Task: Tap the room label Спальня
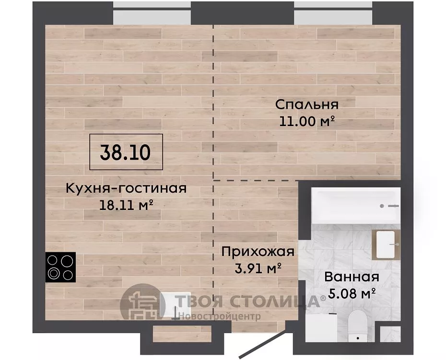pos(307,105)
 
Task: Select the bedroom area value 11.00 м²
pos(306,121)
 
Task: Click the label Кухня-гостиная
pos(126,188)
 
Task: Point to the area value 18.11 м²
pos(126,205)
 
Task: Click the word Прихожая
pos(258,252)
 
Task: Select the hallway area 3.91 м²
pos(258,268)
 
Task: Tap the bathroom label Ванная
pos(352,277)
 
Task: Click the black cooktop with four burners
pos(60,267)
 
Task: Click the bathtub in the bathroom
pos(356,205)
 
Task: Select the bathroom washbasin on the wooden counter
pos(386,244)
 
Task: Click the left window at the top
pos(152,13)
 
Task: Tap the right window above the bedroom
pos(333,13)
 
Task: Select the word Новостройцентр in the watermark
pos(220,316)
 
